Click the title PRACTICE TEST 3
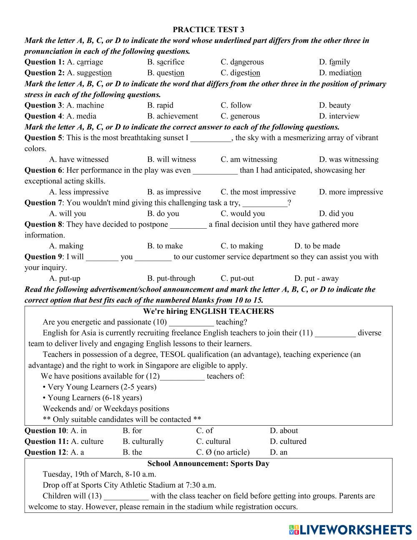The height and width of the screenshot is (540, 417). click(x=208, y=30)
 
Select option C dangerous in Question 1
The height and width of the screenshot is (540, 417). click(x=242, y=62)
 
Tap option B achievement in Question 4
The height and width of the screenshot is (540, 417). click(x=173, y=116)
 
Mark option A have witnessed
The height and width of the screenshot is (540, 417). click(x=79, y=159)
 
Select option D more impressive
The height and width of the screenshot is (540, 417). click(x=351, y=192)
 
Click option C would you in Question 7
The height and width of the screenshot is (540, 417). click(x=243, y=214)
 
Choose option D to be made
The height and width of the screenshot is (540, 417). click(x=317, y=246)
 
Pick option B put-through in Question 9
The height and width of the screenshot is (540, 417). click(x=171, y=278)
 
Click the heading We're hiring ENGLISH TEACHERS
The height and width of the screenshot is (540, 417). click(x=208, y=311)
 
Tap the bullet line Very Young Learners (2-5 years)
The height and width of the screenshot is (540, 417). click(x=100, y=387)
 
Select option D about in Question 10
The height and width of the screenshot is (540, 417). click(x=284, y=431)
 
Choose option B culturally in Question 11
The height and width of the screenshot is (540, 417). click(x=143, y=442)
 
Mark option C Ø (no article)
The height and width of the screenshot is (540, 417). click(x=223, y=452)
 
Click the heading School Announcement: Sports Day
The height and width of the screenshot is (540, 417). click(x=208, y=464)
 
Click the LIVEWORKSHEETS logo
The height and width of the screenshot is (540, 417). click(x=350, y=530)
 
